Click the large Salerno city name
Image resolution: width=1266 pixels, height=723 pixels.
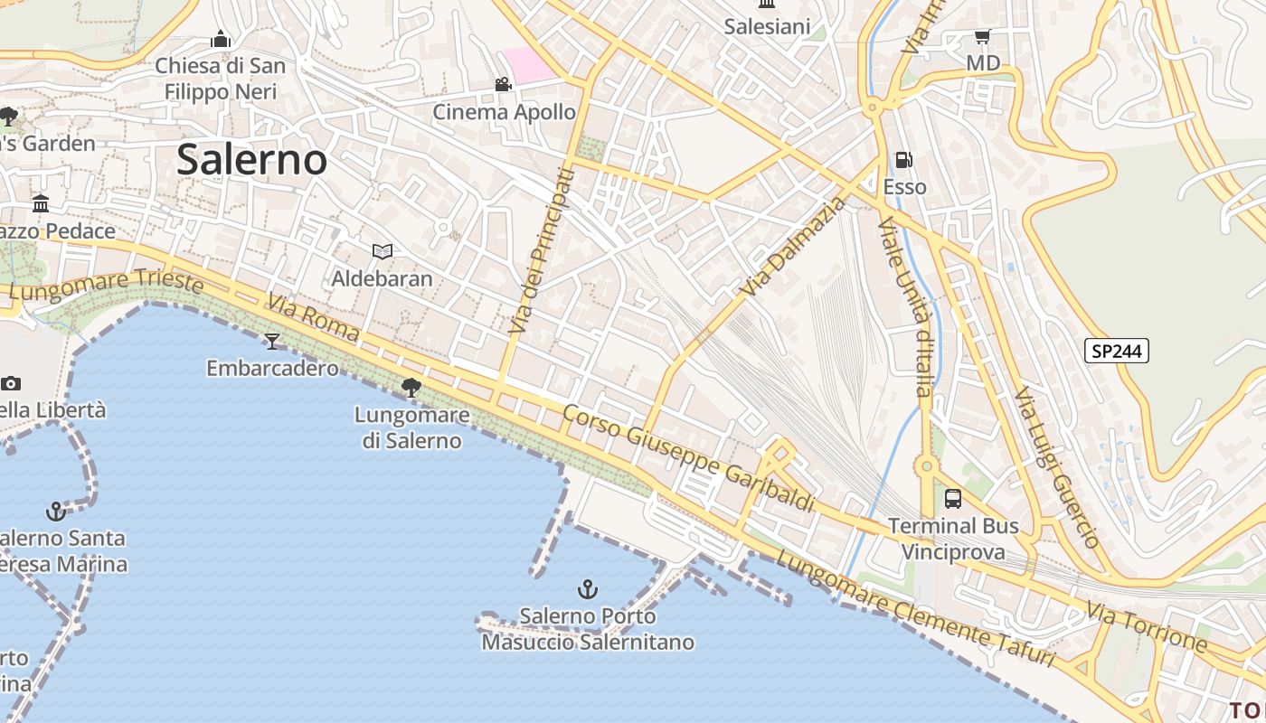(251, 160)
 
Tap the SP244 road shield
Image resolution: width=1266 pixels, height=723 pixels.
(1116, 351)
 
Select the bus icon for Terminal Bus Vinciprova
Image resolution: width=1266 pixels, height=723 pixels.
(952, 498)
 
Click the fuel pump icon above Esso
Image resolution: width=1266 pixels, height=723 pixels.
(903, 161)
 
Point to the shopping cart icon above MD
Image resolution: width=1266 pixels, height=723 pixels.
(982, 37)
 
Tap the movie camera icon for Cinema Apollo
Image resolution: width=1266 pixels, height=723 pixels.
(503, 85)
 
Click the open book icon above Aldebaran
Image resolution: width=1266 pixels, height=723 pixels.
(383, 251)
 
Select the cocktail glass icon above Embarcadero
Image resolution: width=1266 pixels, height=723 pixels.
(272, 341)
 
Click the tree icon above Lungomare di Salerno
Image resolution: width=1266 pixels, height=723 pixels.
(411, 388)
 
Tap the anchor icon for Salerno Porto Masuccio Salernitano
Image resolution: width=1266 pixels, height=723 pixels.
(588, 590)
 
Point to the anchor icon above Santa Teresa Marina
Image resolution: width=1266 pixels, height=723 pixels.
(56, 512)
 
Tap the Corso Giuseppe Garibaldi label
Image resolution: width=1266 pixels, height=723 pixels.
(688, 457)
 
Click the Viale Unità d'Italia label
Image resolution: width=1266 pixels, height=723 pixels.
(905, 307)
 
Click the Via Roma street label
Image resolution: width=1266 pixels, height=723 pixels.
(313, 317)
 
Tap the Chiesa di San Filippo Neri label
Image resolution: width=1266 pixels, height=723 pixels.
(221, 78)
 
